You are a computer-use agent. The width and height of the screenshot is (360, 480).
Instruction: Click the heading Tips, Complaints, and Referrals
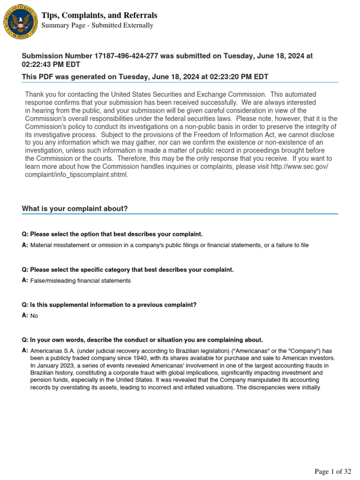click(99, 15)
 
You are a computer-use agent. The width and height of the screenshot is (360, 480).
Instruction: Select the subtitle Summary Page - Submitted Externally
click(97, 25)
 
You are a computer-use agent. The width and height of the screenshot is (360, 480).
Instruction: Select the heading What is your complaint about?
click(75, 209)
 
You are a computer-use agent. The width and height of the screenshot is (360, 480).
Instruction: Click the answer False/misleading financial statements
click(81, 281)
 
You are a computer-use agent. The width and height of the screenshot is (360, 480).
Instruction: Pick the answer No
click(34, 316)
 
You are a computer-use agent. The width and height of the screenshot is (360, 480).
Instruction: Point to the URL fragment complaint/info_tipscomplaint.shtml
click(76, 175)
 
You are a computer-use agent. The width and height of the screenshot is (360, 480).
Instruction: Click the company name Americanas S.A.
click(51, 351)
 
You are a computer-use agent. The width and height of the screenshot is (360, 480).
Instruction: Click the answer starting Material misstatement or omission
click(169, 245)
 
